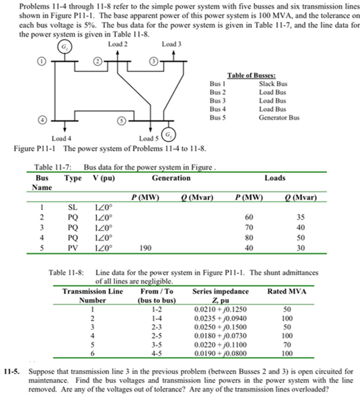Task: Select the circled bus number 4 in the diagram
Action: (41, 121)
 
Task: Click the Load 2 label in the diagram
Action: (118, 44)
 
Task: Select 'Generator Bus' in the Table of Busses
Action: (279, 117)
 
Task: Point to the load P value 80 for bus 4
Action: (249, 238)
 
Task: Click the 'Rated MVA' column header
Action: (287, 291)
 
